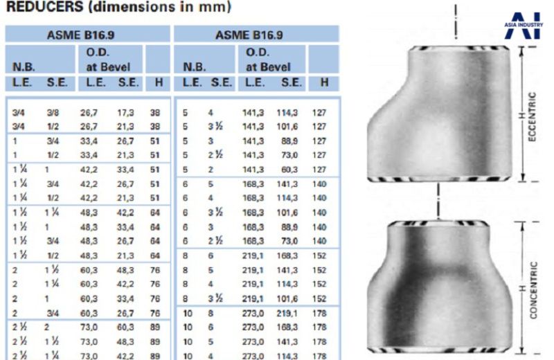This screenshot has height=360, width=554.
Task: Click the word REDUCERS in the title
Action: tap(45, 6)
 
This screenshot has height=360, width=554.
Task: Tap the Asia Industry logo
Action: tap(524, 25)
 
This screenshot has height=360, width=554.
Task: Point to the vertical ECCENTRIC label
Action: tap(532, 117)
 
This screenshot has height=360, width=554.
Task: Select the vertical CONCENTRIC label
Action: tap(533, 290)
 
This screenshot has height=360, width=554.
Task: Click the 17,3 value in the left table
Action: tap(125, 113)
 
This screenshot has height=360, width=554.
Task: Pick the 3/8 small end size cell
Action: tap(53, 113)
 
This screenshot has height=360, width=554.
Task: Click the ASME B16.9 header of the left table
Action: tap(80, 35)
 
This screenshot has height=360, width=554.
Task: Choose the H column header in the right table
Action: tap(324, 82)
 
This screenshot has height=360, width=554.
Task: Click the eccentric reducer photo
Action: tap(440, 114)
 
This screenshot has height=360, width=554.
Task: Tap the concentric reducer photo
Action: tap(440, 287)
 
